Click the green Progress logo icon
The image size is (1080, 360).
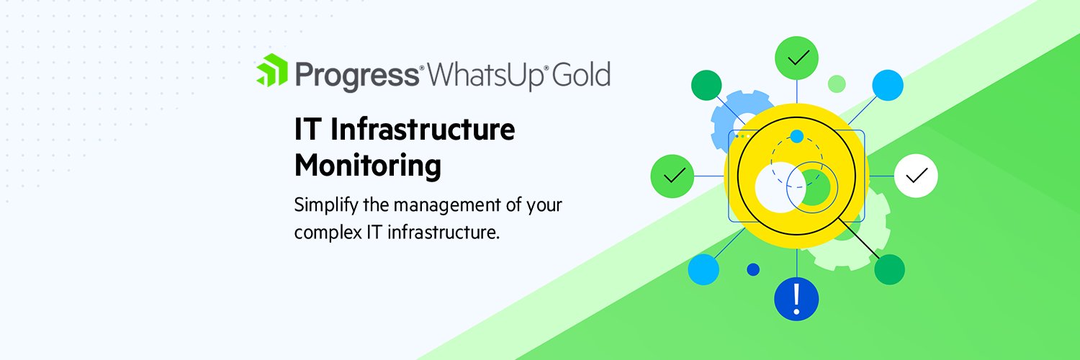click(272, 71)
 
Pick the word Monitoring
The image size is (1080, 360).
click(367, 166)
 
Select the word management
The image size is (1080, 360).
click(447, 204)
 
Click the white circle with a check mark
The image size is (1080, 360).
click(916, 176)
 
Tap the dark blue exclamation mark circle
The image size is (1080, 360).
click(796, 297)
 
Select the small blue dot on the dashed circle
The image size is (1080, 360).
click(796, 136)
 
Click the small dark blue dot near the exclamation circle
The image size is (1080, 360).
click(753, 269)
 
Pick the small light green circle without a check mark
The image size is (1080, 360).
click(837, 84)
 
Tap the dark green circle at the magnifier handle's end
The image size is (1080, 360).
click(889, 269)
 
